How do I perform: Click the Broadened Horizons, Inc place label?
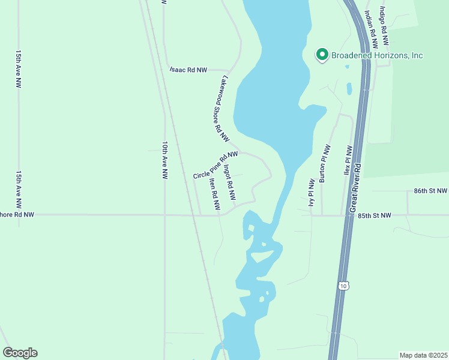pos(376,56)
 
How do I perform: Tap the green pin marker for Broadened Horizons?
pos(322,55)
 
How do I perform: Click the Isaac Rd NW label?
pos(188,70)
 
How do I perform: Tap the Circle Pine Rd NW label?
pos(215,165)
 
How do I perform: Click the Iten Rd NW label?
pos(214,194)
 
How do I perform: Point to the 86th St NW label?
pos(430,191)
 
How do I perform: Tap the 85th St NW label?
pos(374,215)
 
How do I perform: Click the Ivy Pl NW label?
pos(312,193)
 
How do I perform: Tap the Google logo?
pos(20,353)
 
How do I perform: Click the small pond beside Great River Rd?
pos(349,89)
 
